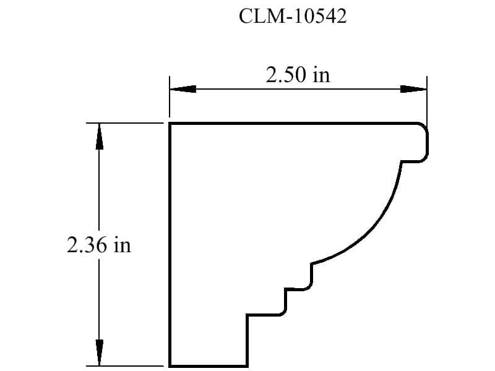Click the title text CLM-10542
click(x=293, y=17)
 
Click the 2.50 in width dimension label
click(x=298, y=75)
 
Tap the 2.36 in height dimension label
click(x=99, y=245)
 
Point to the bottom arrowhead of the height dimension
click(x=98, y=352)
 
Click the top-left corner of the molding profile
click(x=170, y=124)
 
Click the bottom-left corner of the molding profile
click(x=170, y=365)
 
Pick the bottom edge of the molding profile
click(x=209, y=365)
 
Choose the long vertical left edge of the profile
click(x=170, y=247)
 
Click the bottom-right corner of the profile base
click(x=247, y=365)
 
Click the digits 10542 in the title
click(x=316, y=17)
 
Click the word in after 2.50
click(x=321, y=75)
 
